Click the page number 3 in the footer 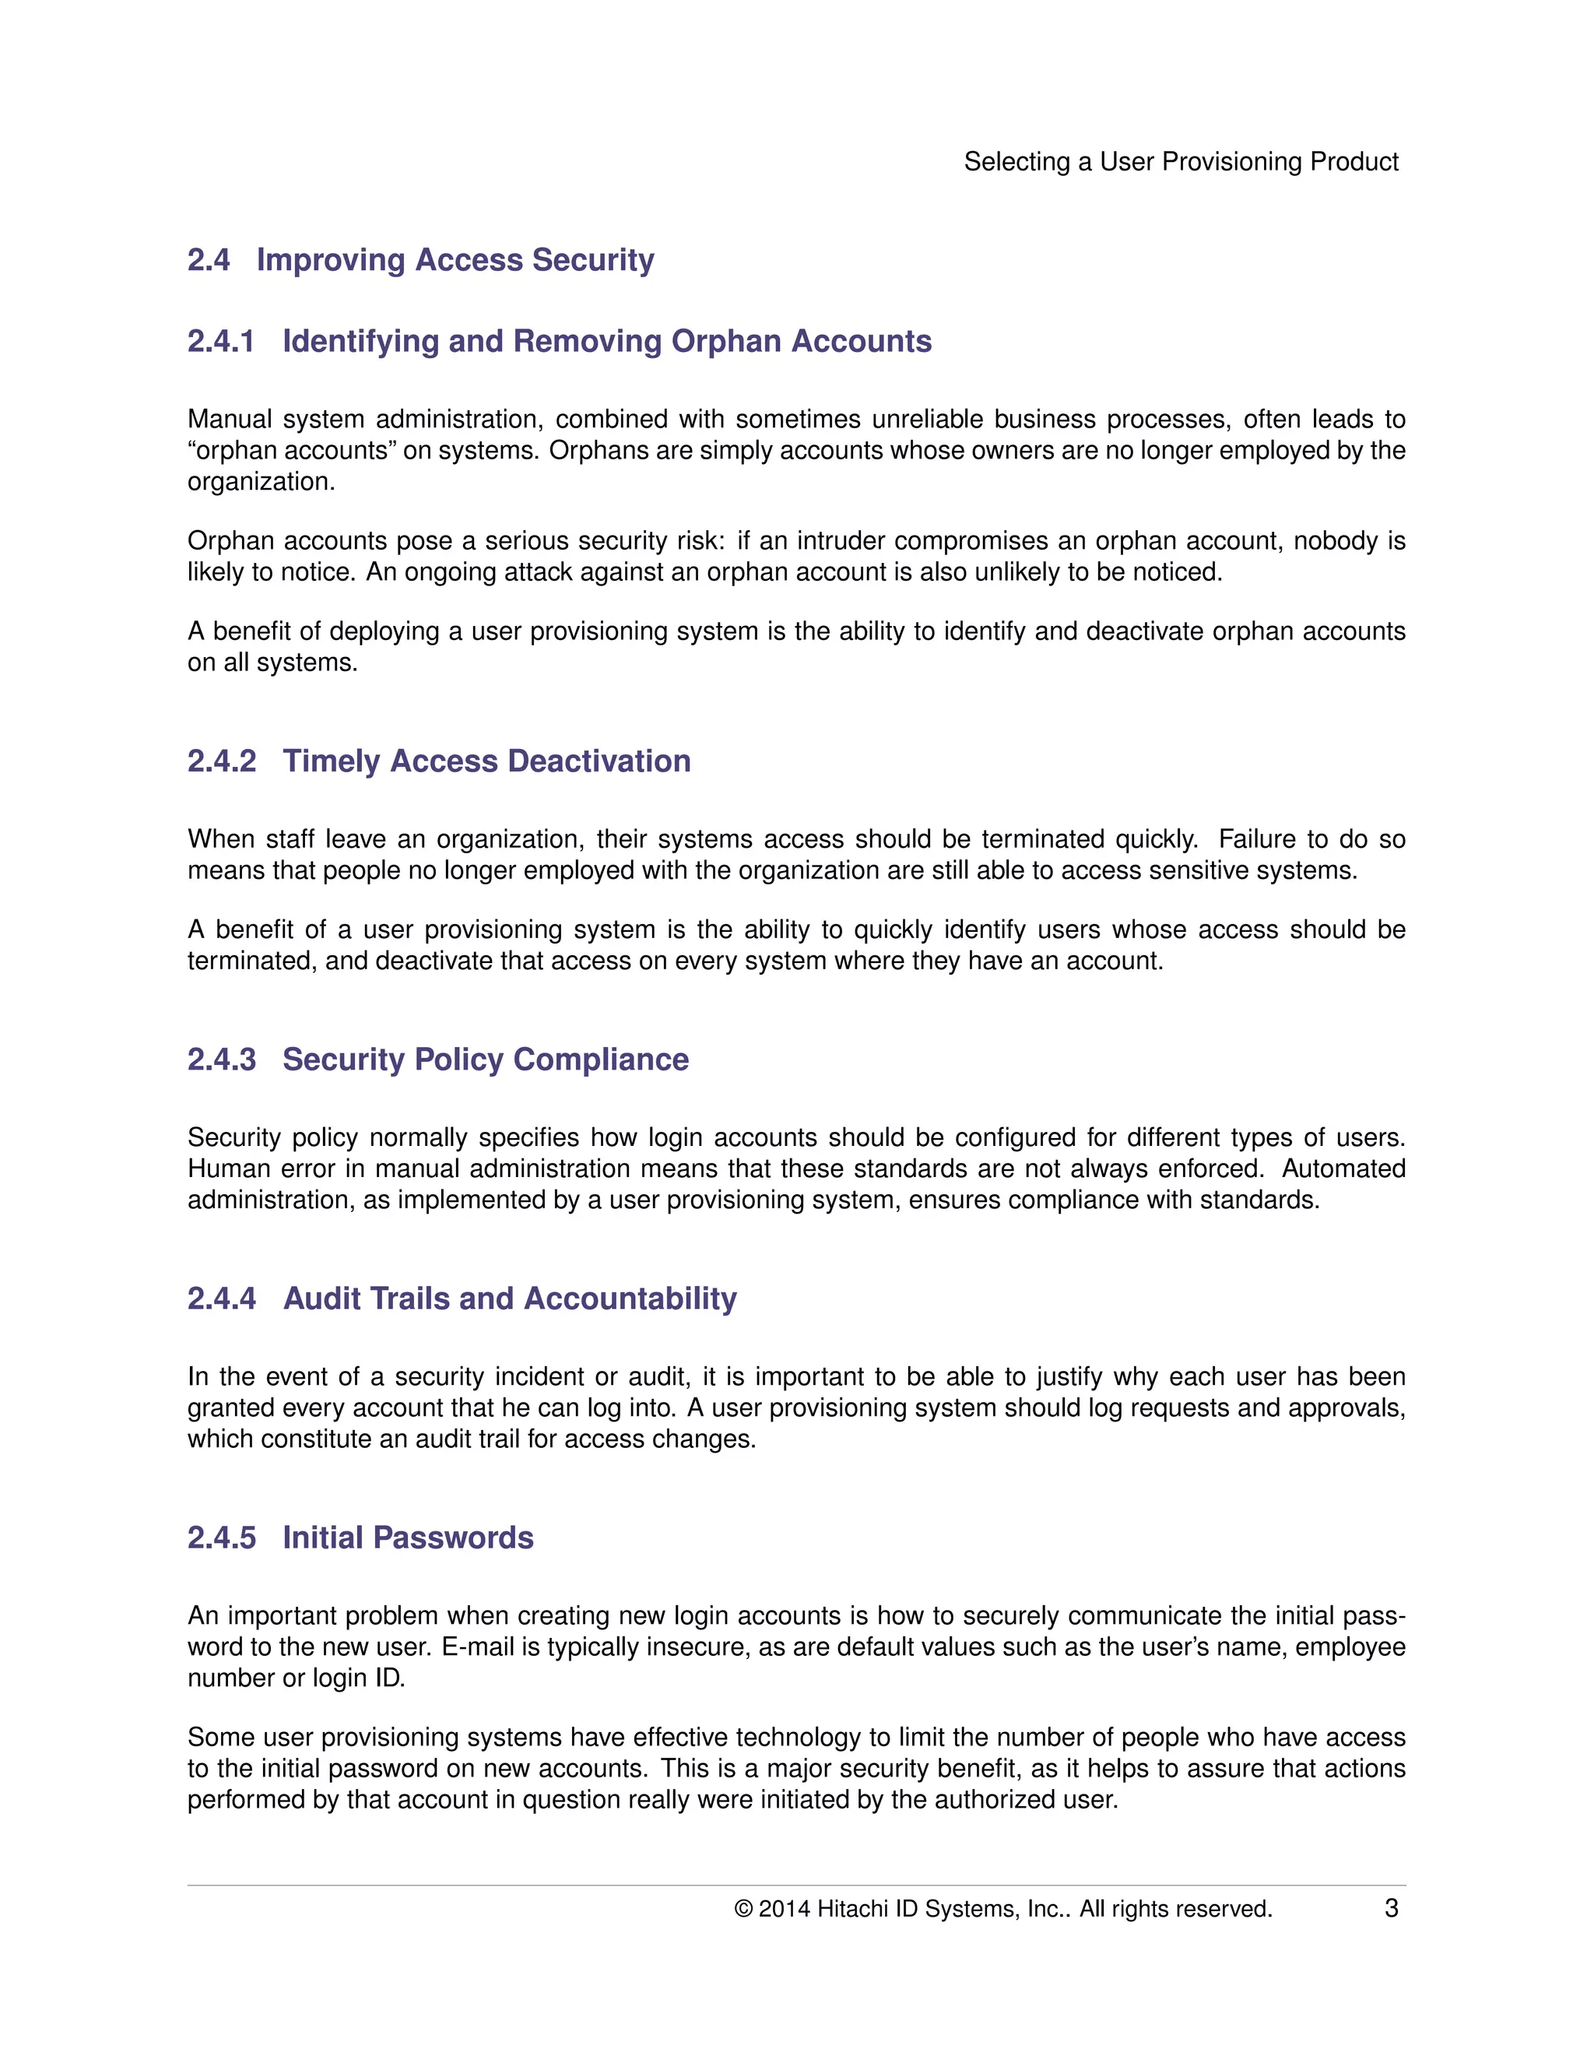1391,1908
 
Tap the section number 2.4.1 221,341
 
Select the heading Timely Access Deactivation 486,761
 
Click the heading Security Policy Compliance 486,1060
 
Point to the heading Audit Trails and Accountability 510,1299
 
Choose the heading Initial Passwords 408,1538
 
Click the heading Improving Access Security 455,260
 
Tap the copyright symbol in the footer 743,1909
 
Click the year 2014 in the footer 784,1909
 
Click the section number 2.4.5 221,1538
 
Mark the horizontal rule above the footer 796,1886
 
